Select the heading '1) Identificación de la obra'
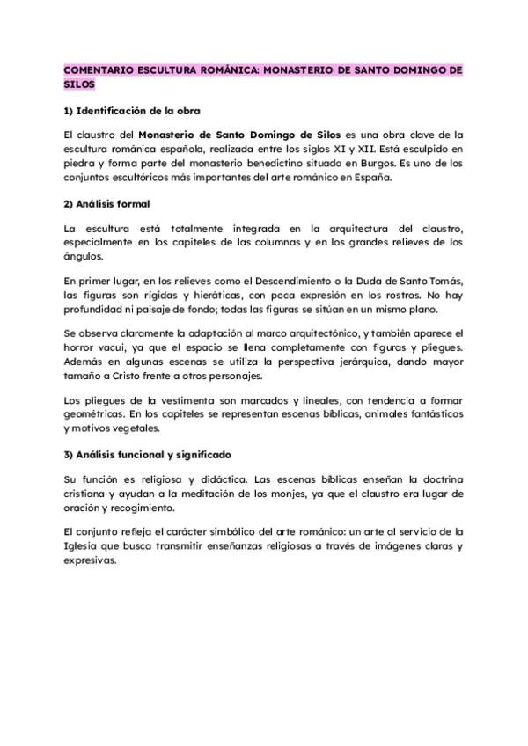[x=132, y=111]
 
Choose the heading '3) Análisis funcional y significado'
[x=147, y=455]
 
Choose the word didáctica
[x=202, y=481]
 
